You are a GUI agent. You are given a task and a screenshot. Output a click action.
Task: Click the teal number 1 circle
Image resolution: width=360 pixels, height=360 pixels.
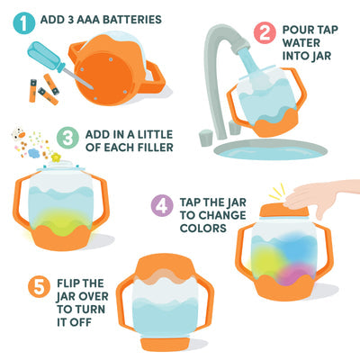point(24,22)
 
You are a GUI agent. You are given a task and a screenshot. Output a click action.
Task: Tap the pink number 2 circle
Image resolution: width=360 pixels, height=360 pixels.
point(265,33)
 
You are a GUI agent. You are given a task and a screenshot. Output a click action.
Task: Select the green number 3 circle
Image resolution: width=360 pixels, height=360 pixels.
point(67,138)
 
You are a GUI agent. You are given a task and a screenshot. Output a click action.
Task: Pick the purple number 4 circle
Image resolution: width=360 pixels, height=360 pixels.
point(162,205)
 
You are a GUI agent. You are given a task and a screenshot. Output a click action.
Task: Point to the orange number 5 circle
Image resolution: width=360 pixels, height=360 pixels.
point(39,287)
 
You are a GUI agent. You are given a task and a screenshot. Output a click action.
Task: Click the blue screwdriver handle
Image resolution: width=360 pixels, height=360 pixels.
point(46,56)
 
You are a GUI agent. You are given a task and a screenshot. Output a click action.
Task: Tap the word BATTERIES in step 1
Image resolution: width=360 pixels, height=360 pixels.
point(132,20)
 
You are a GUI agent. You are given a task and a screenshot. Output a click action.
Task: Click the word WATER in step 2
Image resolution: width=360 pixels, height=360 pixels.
point(301,43)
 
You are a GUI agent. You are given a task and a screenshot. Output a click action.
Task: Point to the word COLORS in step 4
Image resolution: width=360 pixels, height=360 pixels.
point(203,228)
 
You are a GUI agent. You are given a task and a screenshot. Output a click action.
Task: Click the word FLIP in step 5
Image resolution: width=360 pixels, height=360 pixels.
point(69,283)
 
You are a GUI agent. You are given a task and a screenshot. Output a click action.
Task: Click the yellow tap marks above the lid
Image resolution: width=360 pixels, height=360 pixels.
point(276,192)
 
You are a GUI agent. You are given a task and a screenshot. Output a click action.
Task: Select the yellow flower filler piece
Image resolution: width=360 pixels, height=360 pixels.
point(56,157)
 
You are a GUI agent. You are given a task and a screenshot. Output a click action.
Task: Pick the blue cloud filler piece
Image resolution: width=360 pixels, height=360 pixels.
point(34,153)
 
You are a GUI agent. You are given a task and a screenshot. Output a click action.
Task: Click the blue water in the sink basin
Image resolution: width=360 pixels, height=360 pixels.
point(269,152)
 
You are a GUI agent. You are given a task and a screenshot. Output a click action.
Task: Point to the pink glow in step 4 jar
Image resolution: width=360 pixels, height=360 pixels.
point(292,274)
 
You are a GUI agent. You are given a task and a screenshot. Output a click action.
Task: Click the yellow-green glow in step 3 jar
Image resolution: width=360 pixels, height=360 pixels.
point(61,219)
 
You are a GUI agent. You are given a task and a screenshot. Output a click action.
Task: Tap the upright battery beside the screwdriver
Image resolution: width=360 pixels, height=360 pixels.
point(32,91)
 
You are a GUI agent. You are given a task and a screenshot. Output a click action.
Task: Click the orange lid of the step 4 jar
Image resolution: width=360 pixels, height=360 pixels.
point(283,210)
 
